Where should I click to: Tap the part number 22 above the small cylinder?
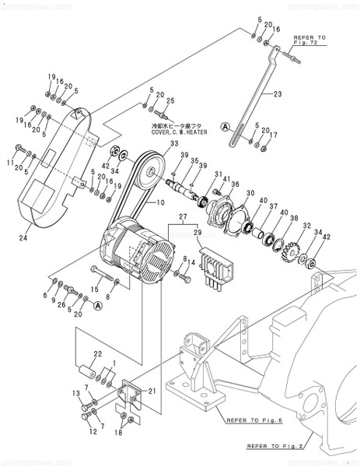[97, 355]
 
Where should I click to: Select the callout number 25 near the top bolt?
[170, 100]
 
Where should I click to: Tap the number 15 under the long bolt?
[95, 289]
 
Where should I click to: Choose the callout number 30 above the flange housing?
[250, 193]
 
